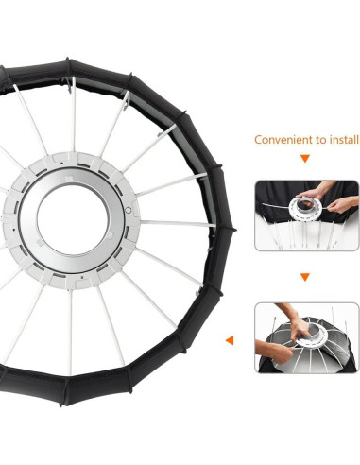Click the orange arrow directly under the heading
click(x=305, y=162)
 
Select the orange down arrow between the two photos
click(x=305, y=278)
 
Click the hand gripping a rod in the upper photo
click(x=342, y=203)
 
